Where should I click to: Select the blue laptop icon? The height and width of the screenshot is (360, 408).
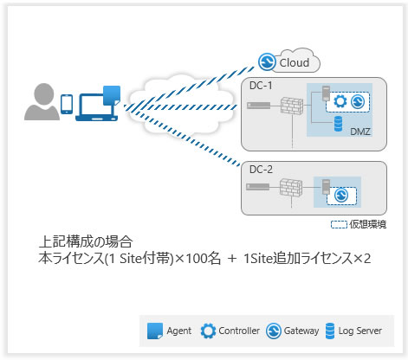click(97, 105)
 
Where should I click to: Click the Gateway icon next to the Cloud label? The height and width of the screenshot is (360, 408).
click(269, 61)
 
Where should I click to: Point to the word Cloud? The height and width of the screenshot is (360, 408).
click(295, 62)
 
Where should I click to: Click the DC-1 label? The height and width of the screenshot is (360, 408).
click(259, 86)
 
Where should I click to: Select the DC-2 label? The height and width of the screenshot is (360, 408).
click(259, 170)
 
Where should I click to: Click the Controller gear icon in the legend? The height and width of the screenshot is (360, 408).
click(208, 330)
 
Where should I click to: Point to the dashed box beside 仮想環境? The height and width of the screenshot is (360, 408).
click(340, 224)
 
